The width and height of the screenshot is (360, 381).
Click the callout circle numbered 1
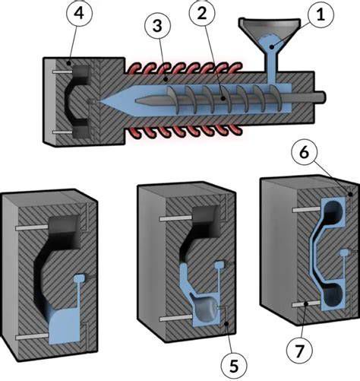coord(321,14)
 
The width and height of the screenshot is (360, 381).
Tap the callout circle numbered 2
coord(202,13)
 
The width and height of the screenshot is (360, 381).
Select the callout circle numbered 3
coord(157,26)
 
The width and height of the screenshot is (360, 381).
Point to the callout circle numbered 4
coord(79,13)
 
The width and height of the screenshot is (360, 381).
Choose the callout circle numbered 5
coord(233,366)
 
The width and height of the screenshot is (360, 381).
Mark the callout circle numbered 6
coord(304,152)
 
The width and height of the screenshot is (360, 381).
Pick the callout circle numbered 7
coord(299,351)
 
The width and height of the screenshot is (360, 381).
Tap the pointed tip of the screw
coord(137,101)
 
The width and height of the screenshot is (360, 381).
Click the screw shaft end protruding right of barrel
coord(320,97)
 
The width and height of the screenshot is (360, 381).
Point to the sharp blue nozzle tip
coord(100,101)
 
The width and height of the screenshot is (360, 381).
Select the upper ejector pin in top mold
coord(62,72)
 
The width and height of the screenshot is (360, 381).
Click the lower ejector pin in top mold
coord(62,132)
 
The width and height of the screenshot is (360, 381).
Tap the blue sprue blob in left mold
coord(80,278)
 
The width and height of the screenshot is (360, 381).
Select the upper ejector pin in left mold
coord(32,228)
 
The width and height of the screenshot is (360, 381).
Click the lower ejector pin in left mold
coord(32,337)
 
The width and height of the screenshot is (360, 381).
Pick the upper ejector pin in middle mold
coord(175,218)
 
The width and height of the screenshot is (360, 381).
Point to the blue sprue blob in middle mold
coord(219,265)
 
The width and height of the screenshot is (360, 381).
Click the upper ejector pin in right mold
coord(306,209)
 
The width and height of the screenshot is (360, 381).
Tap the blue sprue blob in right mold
coord(344,252)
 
